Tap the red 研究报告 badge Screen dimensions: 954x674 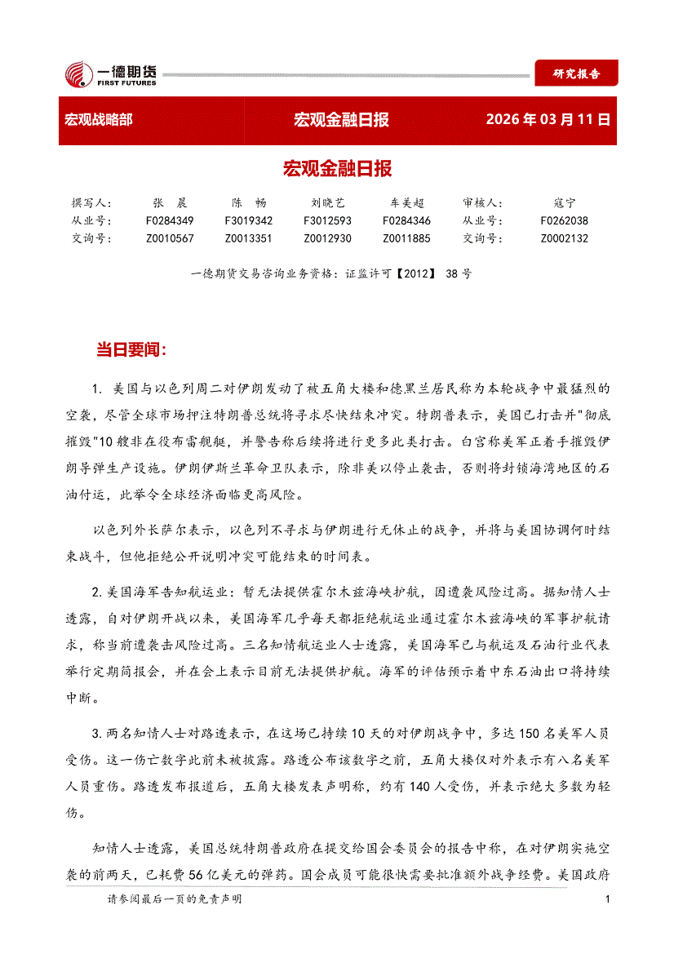[576, 73]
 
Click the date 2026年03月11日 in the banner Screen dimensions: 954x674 [548, 120]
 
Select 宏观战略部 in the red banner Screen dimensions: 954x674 [98, 120]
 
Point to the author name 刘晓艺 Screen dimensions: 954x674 [327, 202]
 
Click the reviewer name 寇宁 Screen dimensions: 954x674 [564, 202]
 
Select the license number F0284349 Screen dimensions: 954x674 [170, 220]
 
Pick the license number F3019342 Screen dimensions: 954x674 [249, 220]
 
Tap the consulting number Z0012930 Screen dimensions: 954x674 [327, 238]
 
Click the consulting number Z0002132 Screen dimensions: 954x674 [564, 238]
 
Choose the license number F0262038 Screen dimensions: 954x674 [564, 220]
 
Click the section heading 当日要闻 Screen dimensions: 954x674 [131, 350]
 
